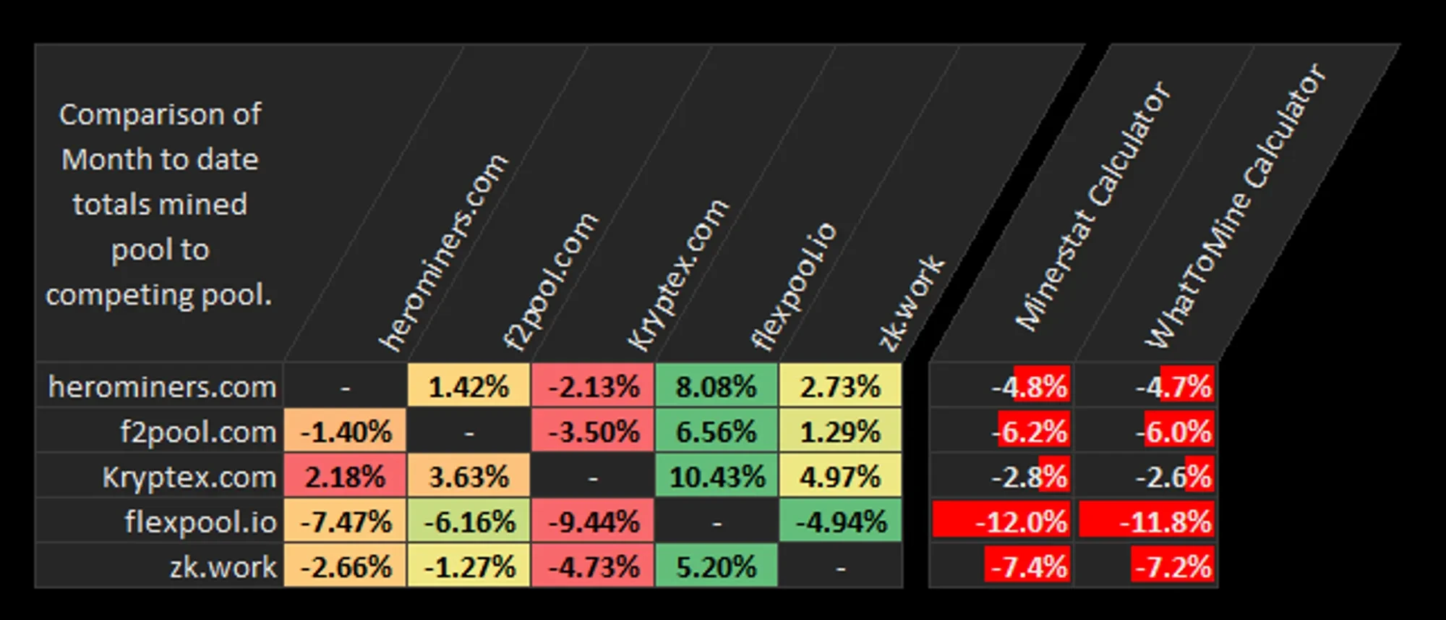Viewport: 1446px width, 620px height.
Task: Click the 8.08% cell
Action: point(716,386)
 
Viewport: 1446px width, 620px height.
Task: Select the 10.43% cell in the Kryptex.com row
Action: point(716,477)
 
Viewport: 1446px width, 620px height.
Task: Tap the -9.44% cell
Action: point(593,522)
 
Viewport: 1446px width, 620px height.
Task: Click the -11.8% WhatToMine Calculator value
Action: point(1165,522)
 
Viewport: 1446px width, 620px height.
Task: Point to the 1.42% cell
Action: point(469,386)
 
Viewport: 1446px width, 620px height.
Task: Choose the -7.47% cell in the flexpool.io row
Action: point(345,522)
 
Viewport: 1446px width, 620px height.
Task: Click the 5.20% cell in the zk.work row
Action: point(716,566)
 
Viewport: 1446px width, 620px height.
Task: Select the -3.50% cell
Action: point(593,432)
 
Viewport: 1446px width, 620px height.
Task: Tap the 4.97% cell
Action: point(840,477)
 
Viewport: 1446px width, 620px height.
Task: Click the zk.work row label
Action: point(223,566)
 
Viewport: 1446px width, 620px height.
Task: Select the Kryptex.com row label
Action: point(189,477)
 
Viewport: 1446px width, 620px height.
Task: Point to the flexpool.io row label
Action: point(200,522)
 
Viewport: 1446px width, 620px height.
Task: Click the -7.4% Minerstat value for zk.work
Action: point(1028,566)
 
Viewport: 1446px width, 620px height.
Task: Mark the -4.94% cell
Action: point(840,522)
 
